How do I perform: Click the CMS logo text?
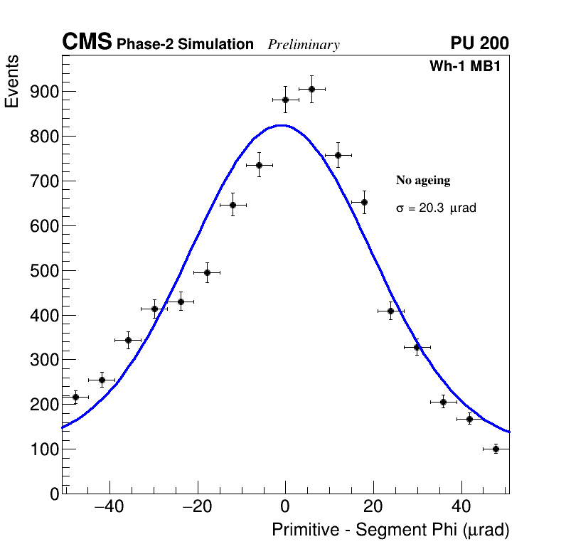pyautogui.click(x=87, y=43)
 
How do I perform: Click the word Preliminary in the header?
pyautogui.click(x=304, y=45)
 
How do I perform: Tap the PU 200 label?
pyautogui.click(x=479, y=43)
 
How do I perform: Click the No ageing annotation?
pyautogui.click(x=423, y=181)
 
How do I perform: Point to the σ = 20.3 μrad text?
pyautogui.click(x=436, y=208)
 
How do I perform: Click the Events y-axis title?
pyautogui.click(x=12, y=82)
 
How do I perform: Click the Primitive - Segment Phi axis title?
pyautogui.click(x=390, y=530)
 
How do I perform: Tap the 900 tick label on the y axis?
pyautogui.click(x=44, y=92)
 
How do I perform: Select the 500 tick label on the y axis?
pyautogui.click(x=44, y=271)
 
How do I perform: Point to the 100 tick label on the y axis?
pyautogui.click(x=44, y=449)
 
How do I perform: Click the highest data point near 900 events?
pyautogui.click(x=311, y=89)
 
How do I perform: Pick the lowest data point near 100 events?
pyautogui.click(x=496, y=449)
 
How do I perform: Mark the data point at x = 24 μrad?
pyautogui.click(x=390, y=311)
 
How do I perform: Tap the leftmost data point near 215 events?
pyautogui.click(x=75, y=397)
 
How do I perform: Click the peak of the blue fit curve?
pyautogui.click(x=282, y=125)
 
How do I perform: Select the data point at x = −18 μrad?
pyautogui.click(x=207, y=272)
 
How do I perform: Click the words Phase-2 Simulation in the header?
pyautogui.click(x=185, y=45)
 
